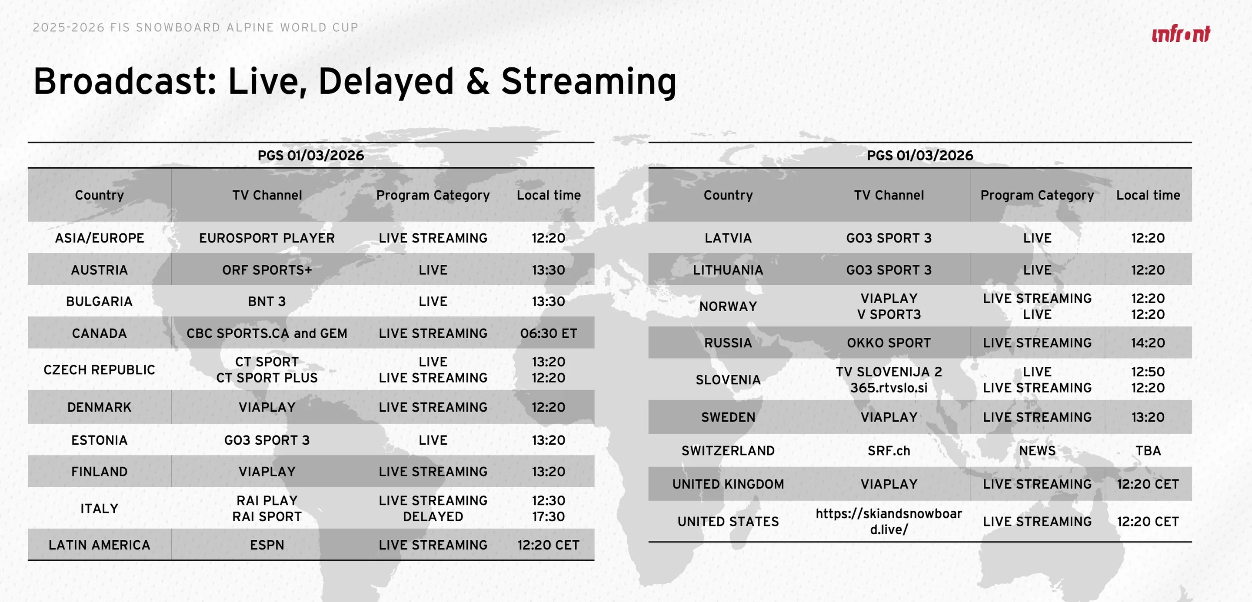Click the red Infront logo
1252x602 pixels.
tap(1181, 34)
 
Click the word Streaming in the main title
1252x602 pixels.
tap(589, 82)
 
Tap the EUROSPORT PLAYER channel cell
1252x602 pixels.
tap(267, 238)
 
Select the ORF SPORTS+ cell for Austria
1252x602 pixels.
tap(267, 270)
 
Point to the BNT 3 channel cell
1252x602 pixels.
tap(267, 302)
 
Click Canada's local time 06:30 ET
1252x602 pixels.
tap(549, 334)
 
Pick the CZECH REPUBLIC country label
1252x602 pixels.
tap(99, 370)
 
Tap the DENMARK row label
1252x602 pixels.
tap(99, 408)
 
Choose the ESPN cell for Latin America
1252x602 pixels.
tap(267, 545)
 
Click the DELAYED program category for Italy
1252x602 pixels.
tap(433, 517)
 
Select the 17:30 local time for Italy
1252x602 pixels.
tap(549, 517)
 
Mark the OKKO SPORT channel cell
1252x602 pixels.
tap(889, 343)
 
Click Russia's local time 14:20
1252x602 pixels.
tap(1148, 343)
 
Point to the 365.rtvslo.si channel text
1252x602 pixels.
tap(889, 388)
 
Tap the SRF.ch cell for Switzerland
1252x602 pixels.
tap(889, 451)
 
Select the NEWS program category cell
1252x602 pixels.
tap(1037, 451)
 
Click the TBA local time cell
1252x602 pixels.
tap(1148, 451)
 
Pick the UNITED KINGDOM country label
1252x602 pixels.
tap(728, 484)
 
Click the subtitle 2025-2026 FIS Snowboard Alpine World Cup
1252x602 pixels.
tap(195, 28)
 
